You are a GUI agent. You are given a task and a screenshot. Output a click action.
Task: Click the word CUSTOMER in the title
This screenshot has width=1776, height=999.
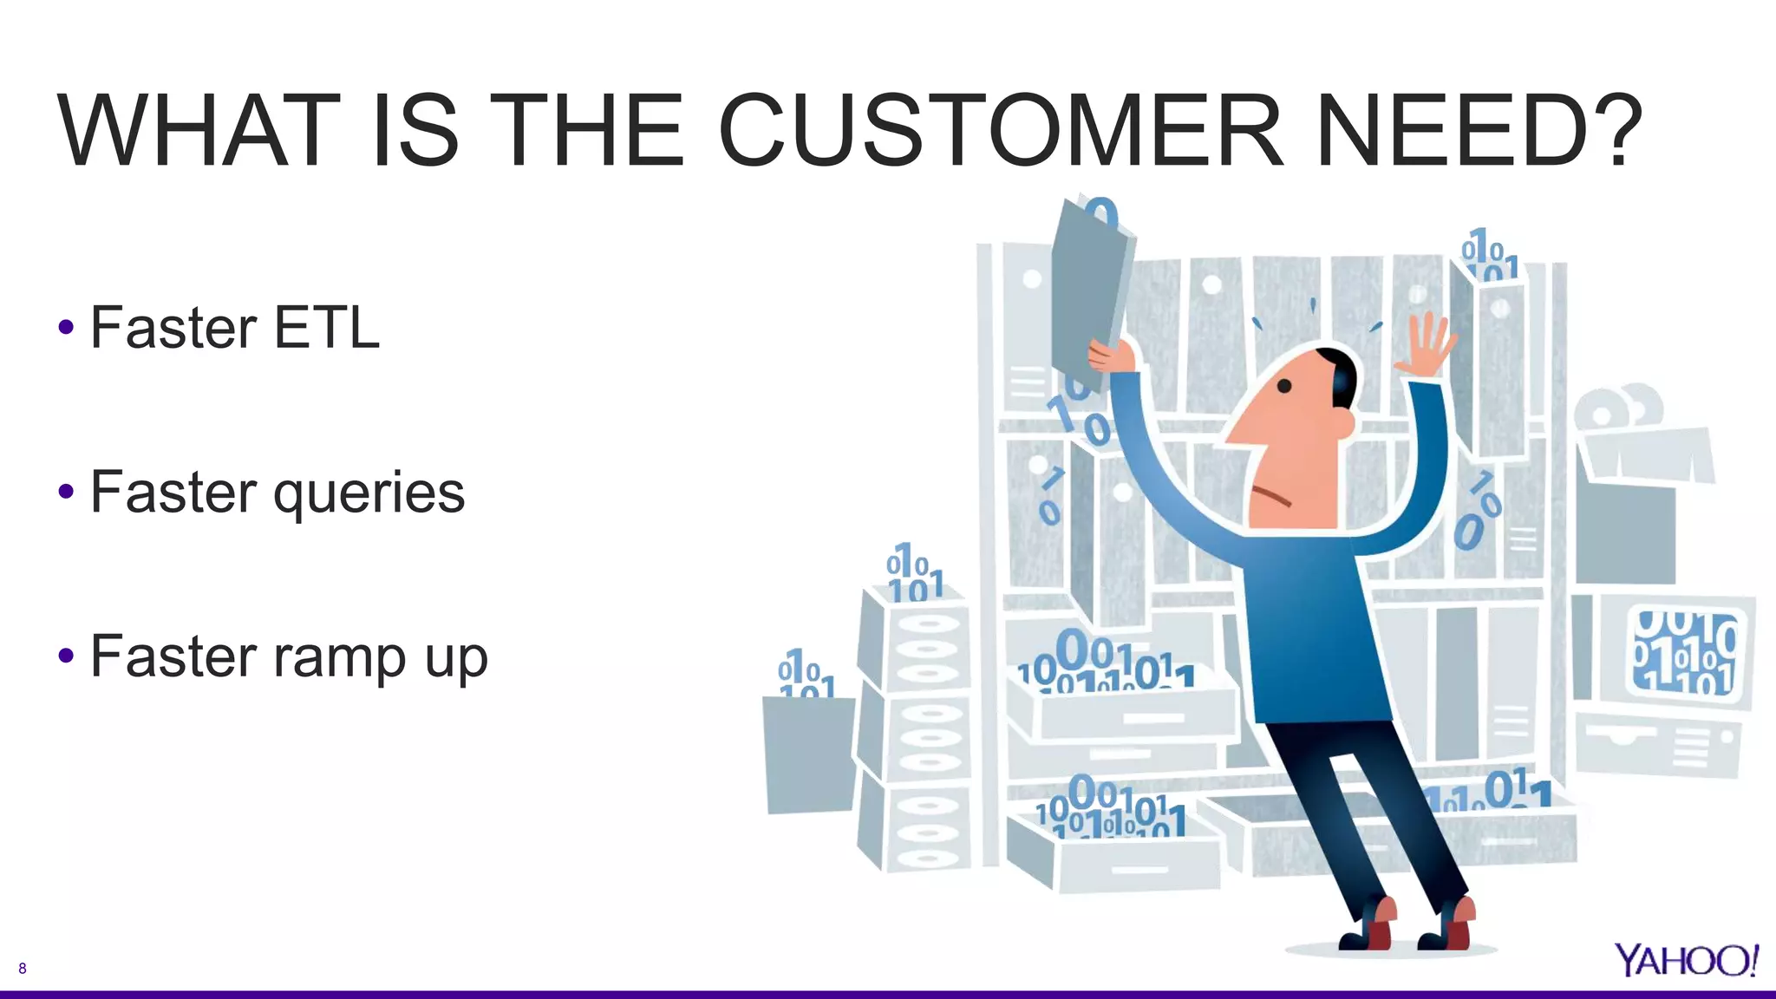[1000, 132]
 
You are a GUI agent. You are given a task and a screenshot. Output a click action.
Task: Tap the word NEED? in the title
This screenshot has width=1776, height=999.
[1479, 132]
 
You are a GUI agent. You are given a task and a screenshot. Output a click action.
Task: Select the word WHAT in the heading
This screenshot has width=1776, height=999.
[199, 132]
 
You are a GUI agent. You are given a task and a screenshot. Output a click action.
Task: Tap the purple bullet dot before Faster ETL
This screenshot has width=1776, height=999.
[66, 328]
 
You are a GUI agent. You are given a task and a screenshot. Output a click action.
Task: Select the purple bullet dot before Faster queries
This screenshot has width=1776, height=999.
[66, 493]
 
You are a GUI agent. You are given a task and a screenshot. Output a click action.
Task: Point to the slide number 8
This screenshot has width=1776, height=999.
[23, 969]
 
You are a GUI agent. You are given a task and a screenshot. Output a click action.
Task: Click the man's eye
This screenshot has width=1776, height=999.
[1284, 387]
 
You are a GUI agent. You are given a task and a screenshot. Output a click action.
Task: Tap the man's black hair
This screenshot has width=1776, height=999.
[1341, 373]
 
